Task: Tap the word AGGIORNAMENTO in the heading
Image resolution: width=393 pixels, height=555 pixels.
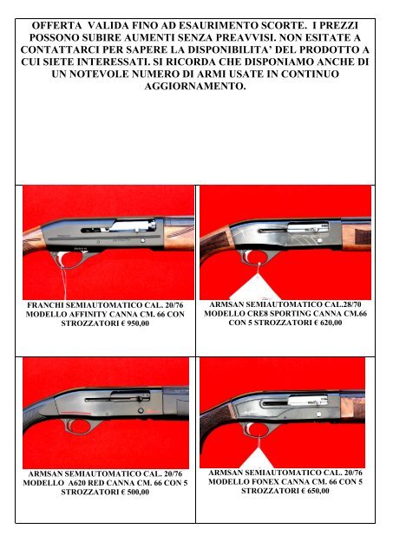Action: pos(196,114)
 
